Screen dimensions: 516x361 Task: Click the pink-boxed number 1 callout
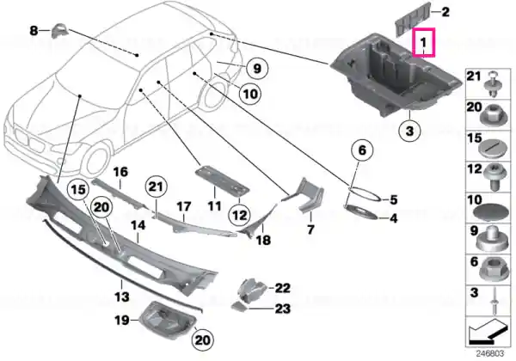pos(424,42)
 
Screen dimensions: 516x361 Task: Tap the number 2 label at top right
pos(445,12)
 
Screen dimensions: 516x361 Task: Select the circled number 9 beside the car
pos(257,69)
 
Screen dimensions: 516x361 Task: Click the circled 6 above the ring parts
pos(362,150)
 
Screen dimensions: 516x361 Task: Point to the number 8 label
pos(34,31)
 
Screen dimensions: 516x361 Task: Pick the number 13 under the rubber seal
pos(121,297)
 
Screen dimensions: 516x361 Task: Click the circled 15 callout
pos(78,190)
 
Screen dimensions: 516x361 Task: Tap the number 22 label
pos(283,288)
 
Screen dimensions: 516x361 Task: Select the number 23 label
pos(283,309)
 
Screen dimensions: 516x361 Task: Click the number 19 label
pos(121,320)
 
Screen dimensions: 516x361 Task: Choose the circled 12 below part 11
pos(239,216)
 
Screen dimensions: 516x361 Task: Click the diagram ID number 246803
pos(490,353)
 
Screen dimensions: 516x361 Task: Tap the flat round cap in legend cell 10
pos(489,211)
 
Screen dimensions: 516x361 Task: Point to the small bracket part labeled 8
pos(59,31)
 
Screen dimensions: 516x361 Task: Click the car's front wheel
pos(95,163)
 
